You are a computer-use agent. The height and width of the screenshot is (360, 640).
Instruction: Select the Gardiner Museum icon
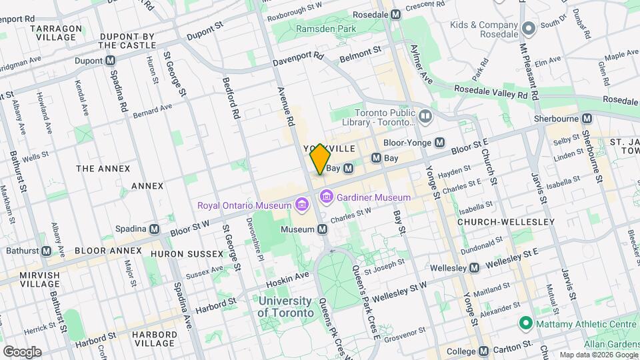(x=326, y=197)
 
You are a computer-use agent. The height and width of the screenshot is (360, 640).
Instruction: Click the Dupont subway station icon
(x=111, y=61)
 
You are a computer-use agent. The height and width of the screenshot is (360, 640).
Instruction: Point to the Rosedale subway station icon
(x=395, y=14)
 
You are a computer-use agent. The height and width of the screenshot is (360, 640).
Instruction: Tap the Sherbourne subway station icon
(x=587, y=118)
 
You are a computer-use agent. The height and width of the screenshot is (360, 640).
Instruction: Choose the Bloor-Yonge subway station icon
(x=440, y=142)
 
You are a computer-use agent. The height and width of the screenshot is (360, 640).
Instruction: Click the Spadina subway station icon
(x=155, y=229)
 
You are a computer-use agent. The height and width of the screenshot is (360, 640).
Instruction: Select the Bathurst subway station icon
(x=46, y=251)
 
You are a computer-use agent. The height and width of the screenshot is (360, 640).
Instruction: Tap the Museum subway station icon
(x=322, y=229)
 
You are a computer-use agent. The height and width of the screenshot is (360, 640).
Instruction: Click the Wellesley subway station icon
(x=474, y=268)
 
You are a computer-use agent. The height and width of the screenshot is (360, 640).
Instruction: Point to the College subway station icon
(x=484, y=351)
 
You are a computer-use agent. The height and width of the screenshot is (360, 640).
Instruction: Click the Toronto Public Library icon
(x=425, y=117)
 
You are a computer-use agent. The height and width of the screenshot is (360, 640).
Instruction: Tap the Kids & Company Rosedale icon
(x=529, y=29)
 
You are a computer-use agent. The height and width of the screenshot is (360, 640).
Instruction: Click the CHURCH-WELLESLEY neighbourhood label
(x=506, y=221)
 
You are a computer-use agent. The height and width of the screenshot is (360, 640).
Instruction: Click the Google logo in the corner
(x=22, y=351)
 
